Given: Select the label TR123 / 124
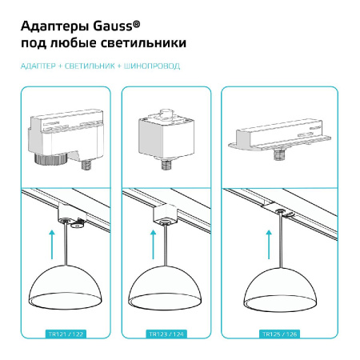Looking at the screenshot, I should [166, 333].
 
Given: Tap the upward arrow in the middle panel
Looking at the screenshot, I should [150, 243].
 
